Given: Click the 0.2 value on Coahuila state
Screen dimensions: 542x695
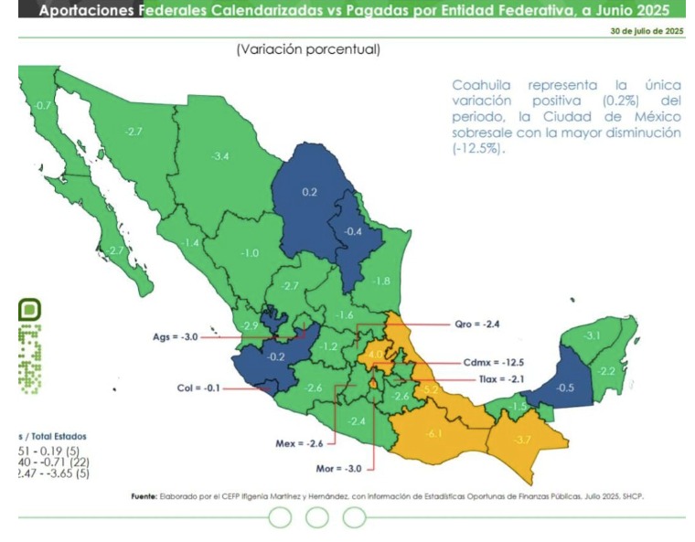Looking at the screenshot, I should tap(309, 192).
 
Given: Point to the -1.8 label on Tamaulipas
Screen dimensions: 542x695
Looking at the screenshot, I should tap(381, 281).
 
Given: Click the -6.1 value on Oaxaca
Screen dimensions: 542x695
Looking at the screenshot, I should tap(434, 432).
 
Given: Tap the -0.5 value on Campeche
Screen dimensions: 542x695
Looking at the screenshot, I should tap(566, 388).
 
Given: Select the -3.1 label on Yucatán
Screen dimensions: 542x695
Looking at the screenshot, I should tap(592, 336).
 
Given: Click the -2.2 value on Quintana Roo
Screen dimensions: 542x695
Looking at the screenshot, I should tap(605, 371).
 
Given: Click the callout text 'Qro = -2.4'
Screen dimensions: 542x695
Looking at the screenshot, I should tap(477, 324).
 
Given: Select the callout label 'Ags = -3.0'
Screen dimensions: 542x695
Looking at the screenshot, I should tap(175, 337).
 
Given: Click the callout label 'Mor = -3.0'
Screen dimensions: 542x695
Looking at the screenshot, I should tap(338, 469).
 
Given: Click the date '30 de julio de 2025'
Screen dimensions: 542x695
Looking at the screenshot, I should tap(647, 30).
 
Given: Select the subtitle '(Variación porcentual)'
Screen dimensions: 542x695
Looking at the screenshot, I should tap(307, 49).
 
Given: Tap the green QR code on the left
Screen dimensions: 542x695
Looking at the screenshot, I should tap(29, 348).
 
